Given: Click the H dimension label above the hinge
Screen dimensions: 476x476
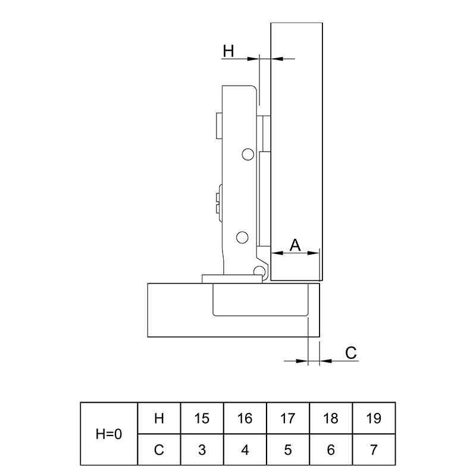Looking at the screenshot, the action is (228, 51).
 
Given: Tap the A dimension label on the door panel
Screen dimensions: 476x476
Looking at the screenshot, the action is (295, 245).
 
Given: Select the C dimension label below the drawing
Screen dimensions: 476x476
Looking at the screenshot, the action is (350, 353).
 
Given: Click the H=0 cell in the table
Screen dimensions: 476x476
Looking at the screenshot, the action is (109, 434).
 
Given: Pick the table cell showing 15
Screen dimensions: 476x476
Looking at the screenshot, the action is (202, 418).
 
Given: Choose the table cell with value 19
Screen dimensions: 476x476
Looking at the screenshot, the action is (374, 418).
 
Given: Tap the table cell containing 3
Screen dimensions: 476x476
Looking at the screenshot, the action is (202, 450).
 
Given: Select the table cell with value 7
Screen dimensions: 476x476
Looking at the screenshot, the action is (374, 450).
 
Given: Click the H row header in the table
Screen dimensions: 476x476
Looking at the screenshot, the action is (159, 418).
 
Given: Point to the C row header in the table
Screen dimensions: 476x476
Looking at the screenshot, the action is (159, 450).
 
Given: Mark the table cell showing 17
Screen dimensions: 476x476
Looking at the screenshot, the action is (288, 418).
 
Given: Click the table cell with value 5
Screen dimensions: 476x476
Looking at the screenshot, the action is (288, 450).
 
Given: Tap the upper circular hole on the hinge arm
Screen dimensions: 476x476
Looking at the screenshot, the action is (248, 155).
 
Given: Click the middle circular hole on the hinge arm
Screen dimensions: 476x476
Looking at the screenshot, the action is (242, 237).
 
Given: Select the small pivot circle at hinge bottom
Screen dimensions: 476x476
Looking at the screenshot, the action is (259, 270).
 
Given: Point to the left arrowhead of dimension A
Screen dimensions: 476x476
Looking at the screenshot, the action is (277, 252).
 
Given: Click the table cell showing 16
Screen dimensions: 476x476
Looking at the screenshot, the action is (245, 418).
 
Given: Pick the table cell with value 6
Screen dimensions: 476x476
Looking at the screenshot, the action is (331, 450).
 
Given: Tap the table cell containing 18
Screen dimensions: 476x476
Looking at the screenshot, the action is (331, 418).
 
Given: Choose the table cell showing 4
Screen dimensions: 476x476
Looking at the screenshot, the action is (245, 450).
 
